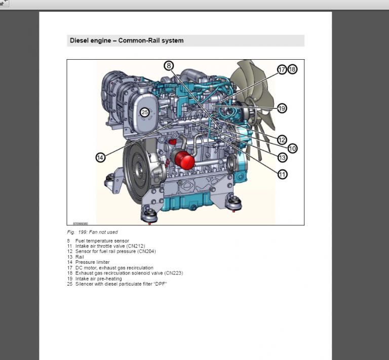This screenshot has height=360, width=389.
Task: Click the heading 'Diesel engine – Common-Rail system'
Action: coord(126,41)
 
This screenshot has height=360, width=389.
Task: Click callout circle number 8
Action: coord(169,65)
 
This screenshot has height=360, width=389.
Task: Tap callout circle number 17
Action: coord(282,69)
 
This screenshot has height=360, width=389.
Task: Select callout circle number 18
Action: coord(292,69)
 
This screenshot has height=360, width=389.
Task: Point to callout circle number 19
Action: coord(282,108)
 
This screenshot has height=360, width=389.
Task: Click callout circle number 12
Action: coord(282,140)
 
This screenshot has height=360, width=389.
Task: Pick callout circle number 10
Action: coord(292,148)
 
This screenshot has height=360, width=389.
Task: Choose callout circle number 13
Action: coord(282,157)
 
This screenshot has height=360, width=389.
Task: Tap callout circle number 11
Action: coord(282,174)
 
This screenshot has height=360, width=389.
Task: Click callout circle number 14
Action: coord(100,157)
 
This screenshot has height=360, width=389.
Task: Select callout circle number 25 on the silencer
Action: coord(144,112)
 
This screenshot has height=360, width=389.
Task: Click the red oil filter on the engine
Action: coord(184,159)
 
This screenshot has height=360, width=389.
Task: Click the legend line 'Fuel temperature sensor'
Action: coord(102,241)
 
